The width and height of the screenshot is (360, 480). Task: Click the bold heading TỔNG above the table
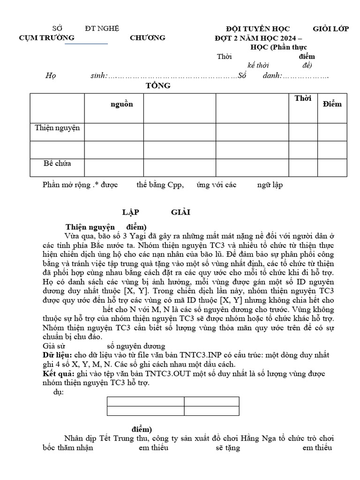[x=158, y=86]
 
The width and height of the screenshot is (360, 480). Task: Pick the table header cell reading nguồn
[x=121, y=104]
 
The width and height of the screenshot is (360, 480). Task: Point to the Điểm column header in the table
[x=332, y=104]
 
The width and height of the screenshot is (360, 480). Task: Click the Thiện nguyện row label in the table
[x=57, y=127]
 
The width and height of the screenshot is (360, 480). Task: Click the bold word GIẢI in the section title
[x=180, y=212]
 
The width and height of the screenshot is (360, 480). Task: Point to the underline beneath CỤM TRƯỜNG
[x=86, y=44]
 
